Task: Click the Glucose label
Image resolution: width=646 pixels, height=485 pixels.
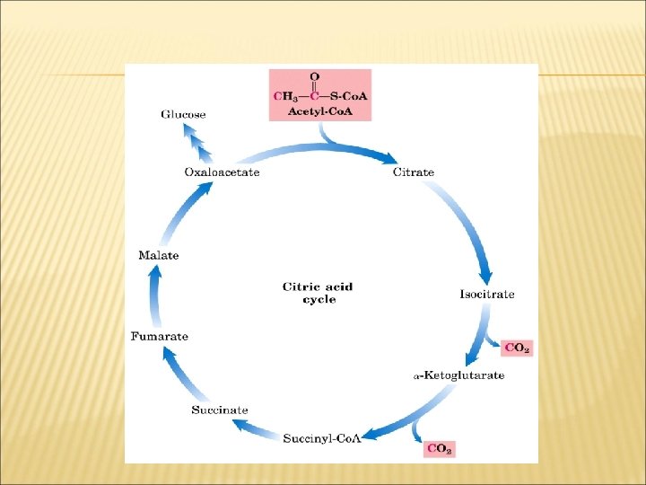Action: (183, 114)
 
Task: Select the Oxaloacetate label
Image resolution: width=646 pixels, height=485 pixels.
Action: (222, 172)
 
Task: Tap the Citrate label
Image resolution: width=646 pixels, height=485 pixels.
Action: (414, 172)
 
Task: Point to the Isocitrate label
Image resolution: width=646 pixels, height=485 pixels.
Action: (487, 294)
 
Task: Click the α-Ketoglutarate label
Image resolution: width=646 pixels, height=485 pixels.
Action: (458, 375)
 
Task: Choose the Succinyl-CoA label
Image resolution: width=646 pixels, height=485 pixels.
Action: (322, 437)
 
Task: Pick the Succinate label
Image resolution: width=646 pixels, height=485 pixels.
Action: (219, 410)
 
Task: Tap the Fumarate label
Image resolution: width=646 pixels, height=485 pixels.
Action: (160, 336)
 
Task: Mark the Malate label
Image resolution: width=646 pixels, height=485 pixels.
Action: (158, 255)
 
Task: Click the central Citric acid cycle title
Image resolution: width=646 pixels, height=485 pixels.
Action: (318, 293)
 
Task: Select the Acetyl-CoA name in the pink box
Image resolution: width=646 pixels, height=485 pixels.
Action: (319, 110)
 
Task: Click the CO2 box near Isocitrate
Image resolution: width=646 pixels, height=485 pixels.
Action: (517, 348)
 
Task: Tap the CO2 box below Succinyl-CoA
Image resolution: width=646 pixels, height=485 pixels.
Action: (439, 447)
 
